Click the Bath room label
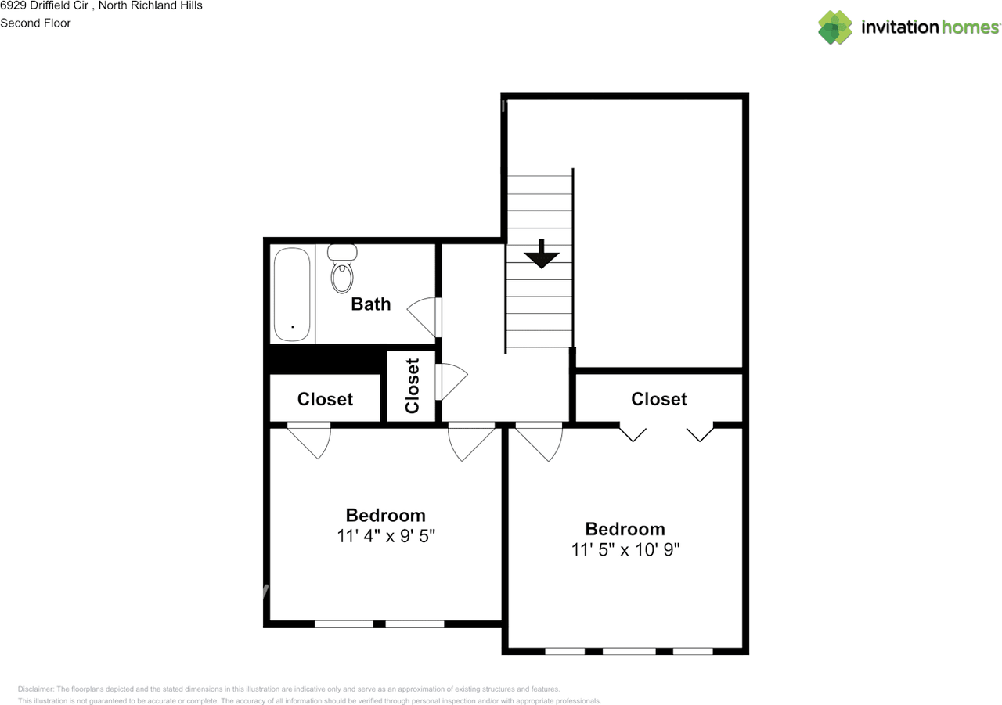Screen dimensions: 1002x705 point(371,304)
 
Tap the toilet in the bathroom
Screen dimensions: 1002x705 point(342,268)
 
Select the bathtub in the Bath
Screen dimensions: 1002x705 point(292,295)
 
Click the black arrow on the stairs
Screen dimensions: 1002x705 point(542,254)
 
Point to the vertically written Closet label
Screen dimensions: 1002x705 point(412,385)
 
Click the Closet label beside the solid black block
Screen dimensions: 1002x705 point(325,399)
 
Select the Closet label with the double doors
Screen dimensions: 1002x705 point(659,399)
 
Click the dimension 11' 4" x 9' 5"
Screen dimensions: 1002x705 point(386,535)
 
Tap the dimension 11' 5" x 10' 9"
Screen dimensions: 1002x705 point(625,549)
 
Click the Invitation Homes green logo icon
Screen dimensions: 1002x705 point(835,27)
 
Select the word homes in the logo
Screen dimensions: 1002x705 point(970,27)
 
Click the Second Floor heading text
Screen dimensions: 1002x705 point(35,23)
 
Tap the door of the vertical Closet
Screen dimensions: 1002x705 point(452,382)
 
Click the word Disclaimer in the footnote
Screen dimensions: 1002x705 point(36,689)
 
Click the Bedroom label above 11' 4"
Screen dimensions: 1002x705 point(386,516)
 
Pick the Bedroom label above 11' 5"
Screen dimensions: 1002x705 point(625,529)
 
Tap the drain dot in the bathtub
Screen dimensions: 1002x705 point(293,327)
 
